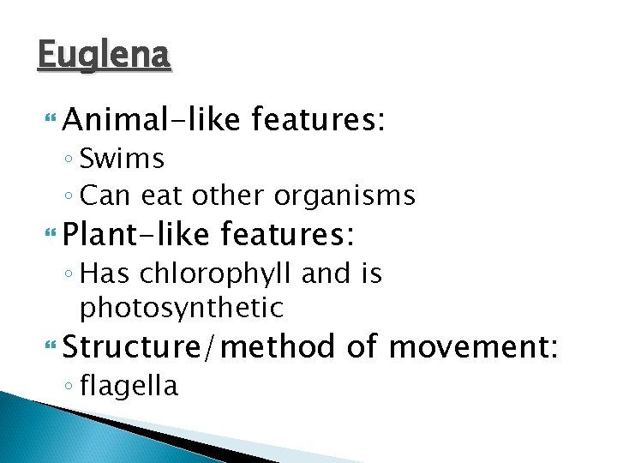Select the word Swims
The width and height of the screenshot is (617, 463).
click(x=122, y=159)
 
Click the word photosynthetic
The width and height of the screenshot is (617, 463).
click(x=181, y=307)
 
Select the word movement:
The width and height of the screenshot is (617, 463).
click(x=473, y=346)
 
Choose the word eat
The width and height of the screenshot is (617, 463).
click(x=161, y=196)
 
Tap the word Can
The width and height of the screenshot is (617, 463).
click(x=104, y=196)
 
